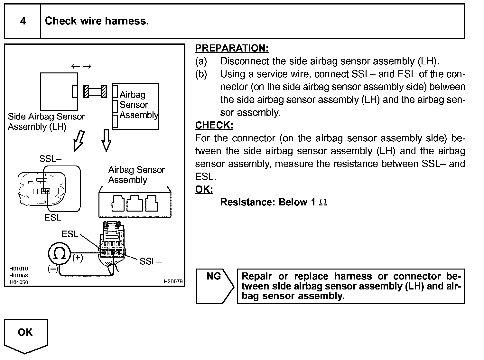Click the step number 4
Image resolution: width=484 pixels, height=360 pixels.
click(x=23, y=21)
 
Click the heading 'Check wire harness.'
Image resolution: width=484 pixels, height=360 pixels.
click(x=97, y=21)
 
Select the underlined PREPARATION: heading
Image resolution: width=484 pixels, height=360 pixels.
click(x=232, y=48)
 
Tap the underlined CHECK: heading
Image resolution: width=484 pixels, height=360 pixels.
click(x=214, y=125)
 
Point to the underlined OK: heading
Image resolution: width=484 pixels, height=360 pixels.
click(x=204, y=189)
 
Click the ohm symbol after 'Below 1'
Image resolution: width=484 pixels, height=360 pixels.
click(x=323, y=202)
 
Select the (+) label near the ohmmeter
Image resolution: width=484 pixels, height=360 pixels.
click(x=78, y=258)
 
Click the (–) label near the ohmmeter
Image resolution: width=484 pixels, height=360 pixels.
click(x=52, y=269)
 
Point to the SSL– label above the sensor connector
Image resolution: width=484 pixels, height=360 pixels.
click(x=50, y=159)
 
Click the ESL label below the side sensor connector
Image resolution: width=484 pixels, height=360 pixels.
click(x=53, y=218)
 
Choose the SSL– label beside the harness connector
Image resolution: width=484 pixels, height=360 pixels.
click(x=150, y=261)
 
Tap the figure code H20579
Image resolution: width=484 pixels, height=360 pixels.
click(x=173, y=281)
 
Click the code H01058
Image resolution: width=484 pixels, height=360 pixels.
click(x=18, y=275)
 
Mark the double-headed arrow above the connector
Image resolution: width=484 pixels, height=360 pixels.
click(x=81, y=66)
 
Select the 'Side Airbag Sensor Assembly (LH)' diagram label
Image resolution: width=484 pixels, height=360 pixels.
click(x=46, y=121)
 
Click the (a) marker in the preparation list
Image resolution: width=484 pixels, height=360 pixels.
click(x=201, y=61)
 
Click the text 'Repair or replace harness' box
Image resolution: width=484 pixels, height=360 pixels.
click(x=351, y=286)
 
